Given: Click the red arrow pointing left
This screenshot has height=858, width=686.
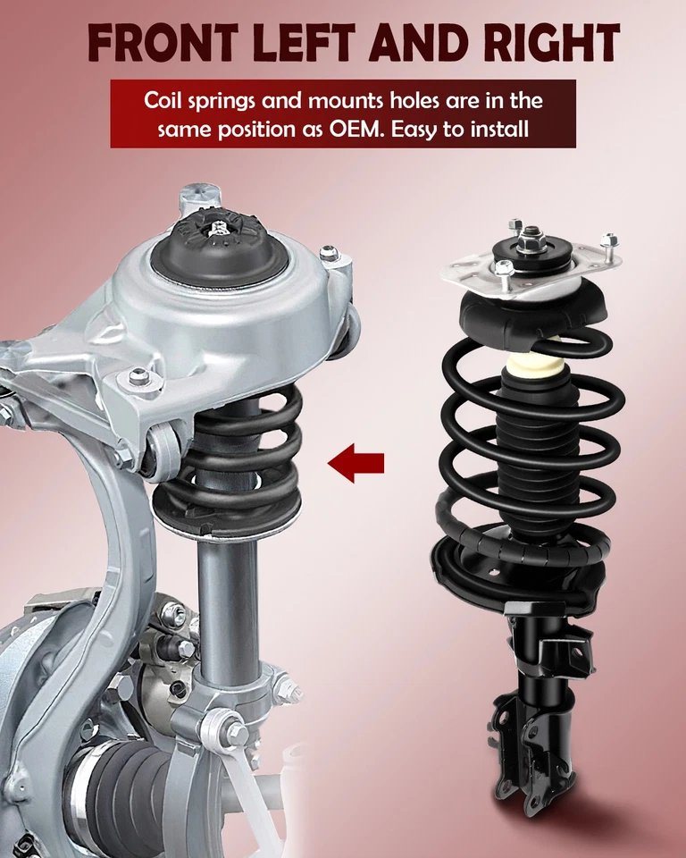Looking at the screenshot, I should click(x=356, y=463).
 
